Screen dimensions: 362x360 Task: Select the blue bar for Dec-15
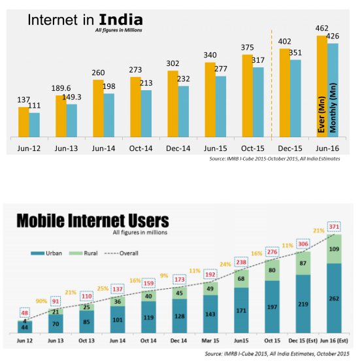tap(295, 98)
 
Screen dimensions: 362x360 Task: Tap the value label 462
tap(323, 29)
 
